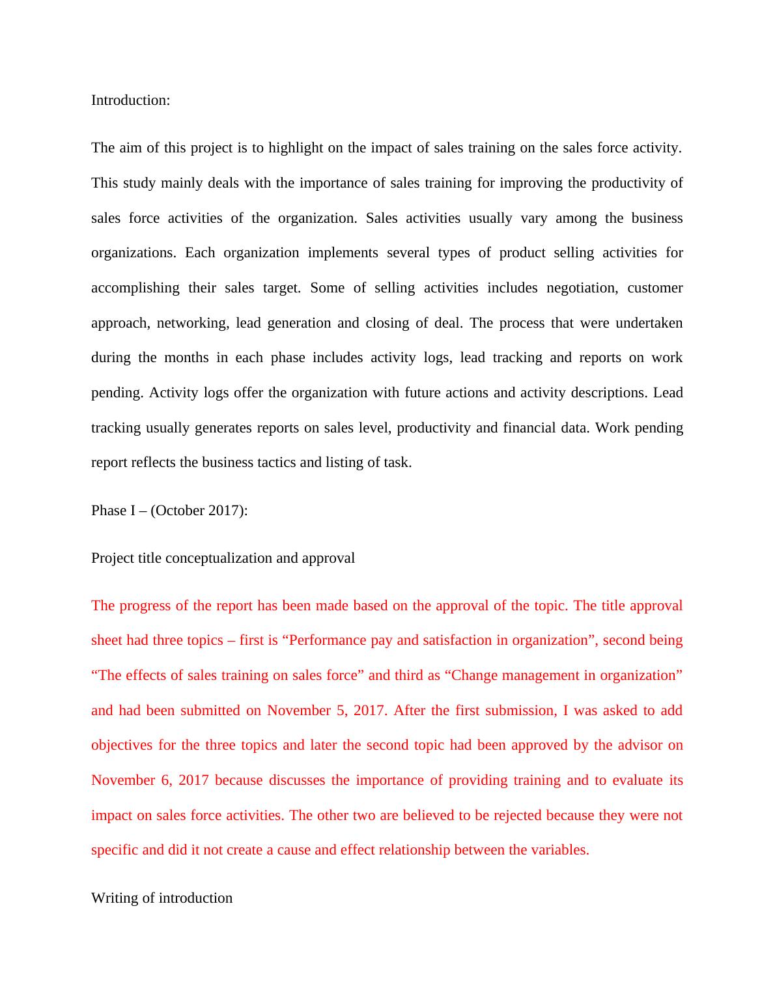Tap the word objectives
pyautogui.click(x=122, y=745)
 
